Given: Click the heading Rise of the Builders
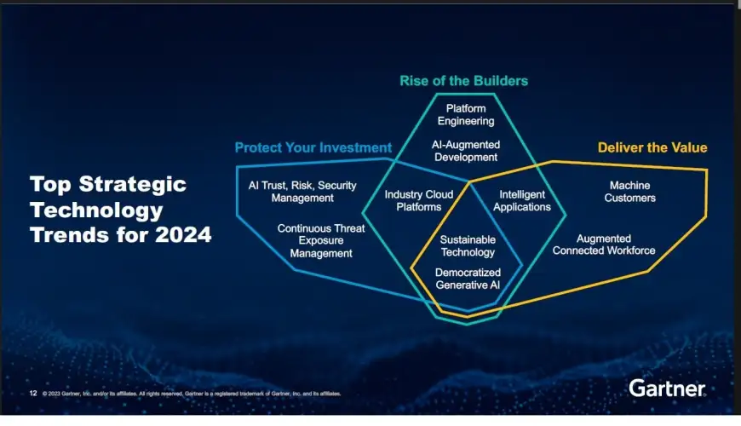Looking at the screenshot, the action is point(463,81).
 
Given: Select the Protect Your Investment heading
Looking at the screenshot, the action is point(313,147).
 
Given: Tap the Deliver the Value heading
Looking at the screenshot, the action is point(652,147).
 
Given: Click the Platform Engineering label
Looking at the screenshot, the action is point(466,115).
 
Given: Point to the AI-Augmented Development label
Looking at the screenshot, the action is point(466,151).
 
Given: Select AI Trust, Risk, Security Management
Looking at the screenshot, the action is point(302,192).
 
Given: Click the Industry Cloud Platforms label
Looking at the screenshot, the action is point(419,200).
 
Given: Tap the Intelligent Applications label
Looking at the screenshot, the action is point(522,200).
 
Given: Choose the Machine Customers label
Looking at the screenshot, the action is point(630,192).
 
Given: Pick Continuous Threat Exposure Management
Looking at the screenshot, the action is point(321,240).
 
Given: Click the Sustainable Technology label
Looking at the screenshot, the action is point(468,246).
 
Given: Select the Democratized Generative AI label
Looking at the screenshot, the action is point(468,279).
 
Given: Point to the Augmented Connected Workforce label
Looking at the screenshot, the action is point(604,245).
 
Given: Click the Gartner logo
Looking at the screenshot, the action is point(667,389).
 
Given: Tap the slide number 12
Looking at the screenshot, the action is point(33,394).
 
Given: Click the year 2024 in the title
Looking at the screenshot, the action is point(183,234).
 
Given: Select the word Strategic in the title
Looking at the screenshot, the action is point(132,184).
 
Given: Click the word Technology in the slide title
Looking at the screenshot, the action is point(96,210).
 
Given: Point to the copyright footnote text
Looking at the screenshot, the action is point(192,394).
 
